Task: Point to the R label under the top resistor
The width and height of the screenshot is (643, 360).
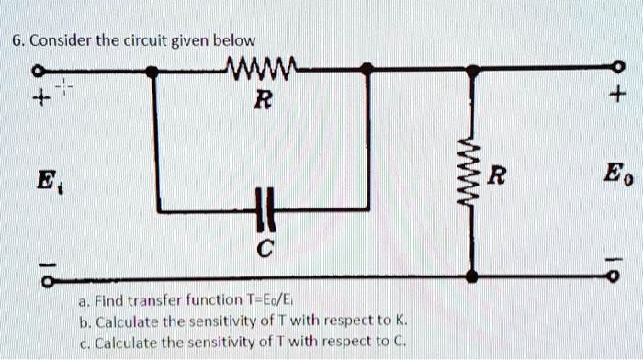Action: coord(262,100)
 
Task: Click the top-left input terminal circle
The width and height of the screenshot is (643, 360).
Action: coord(38,70)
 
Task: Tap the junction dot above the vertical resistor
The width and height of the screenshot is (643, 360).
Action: coord(472,69)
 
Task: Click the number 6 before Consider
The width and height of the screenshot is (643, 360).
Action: coord(17,40)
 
